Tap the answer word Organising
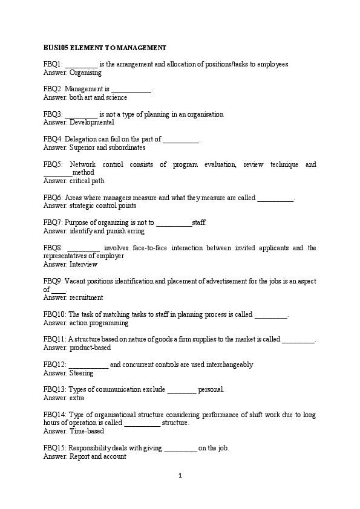pyautogui.click(x=85, y=72)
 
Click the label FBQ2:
pyautogui.click(x=53, y=89)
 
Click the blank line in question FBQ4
pyautogui.click(x=181, y=140)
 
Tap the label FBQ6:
pyautogui.click(x=53, y=198)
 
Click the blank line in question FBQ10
pyautogui.click(x=271, y=314)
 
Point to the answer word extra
pyautogui.click(x=77, y=398)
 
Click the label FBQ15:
pyautogui.click(x=55, y=448)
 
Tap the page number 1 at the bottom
pyautogui.click(x=180, y=475)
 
